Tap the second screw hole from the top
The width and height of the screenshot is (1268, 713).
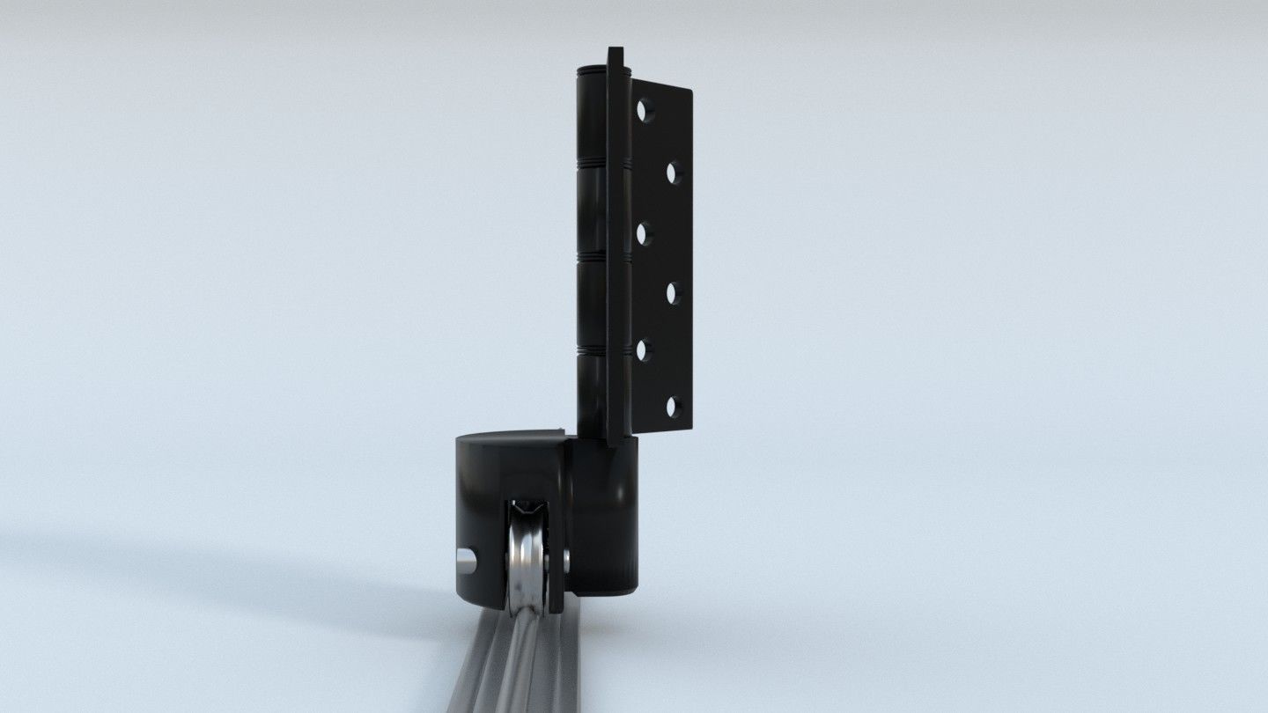(674, 172)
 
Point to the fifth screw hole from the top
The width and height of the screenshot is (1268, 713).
(644, 350)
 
